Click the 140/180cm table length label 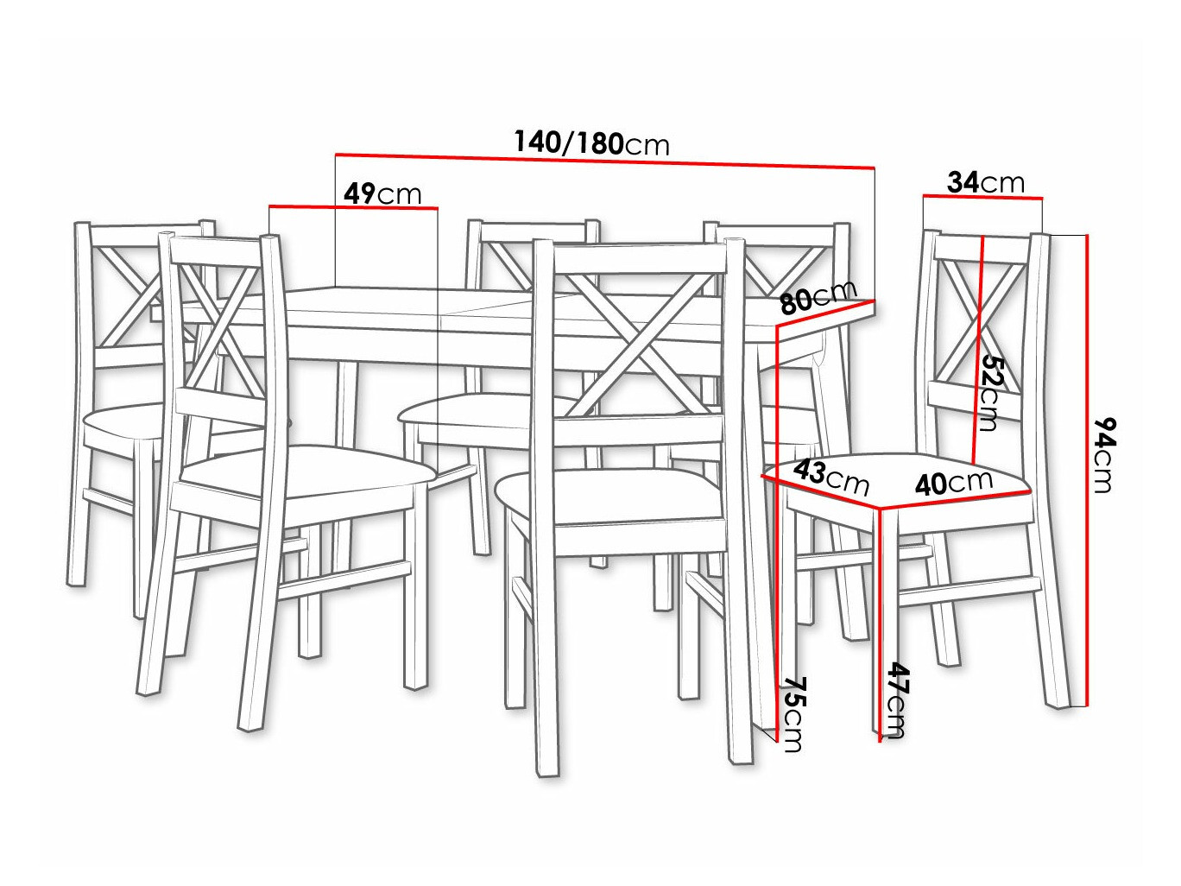click(x=591, y=142)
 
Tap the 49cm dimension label click(x=382, y=193)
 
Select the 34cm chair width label click(x=985, y=182)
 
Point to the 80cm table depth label click(x=817, y=297)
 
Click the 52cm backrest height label click(x=990, y=393)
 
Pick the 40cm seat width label click(x=953, y=481)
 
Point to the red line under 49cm click(x=353, y=207)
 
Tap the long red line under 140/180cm click(x=604, y=160)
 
